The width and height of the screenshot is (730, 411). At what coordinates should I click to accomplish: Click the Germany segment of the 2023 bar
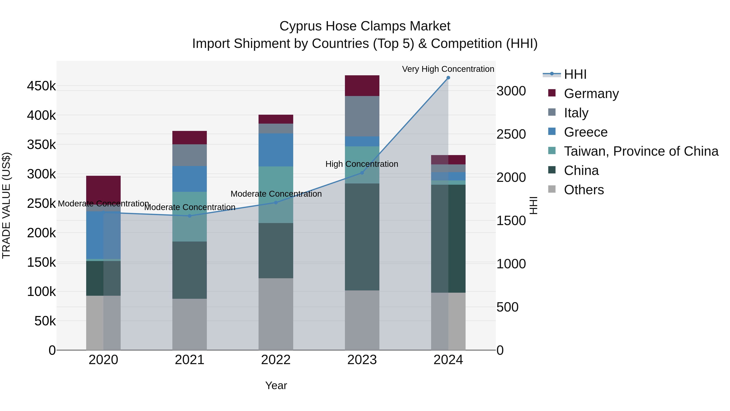(x=362, y=85)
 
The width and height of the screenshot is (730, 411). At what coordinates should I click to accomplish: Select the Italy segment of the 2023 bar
(x=362, y=116)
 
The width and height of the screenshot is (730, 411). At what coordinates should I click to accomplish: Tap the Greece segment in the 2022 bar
(x=276, y=150)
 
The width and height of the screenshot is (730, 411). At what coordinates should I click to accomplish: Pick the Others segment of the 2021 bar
(x=190, y=324)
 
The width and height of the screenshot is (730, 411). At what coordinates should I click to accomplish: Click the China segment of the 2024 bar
(x=448, y=238)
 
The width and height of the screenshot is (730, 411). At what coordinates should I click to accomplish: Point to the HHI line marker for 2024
(x=448, y=78)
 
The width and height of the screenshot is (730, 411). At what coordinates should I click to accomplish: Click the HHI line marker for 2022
(x=276, y=203)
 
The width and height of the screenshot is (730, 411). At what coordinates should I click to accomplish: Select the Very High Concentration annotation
(x=448, y=69)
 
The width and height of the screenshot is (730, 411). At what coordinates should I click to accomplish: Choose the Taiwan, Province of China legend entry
(x=641, y=151)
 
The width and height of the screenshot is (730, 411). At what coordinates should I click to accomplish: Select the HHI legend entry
(x=575, y=74)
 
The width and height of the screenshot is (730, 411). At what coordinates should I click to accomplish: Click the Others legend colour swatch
(x=552, y=189)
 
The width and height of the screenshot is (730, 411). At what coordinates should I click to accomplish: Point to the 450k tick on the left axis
(x=41, y=86)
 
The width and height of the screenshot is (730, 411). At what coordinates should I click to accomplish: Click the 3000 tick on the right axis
(x=511, y=91)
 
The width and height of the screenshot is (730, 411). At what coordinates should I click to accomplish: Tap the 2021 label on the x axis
(x=190, y=360)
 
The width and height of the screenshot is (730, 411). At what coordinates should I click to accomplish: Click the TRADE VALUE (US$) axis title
(x=6, y=205)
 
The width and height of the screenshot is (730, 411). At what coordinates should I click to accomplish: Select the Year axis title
(x=276, y=385)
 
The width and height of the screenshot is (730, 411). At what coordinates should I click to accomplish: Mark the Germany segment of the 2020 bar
(x=103, y=189)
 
